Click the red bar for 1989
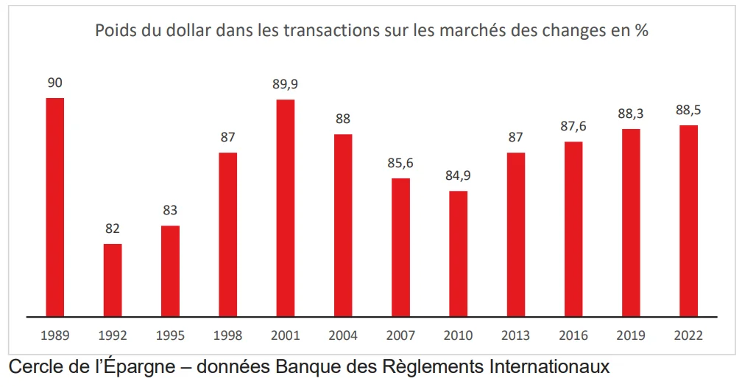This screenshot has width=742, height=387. (55, 207)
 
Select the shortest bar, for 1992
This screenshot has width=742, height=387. (113, 280)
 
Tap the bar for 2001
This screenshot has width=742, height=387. (286, 208)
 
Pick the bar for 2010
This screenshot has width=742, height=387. (458, 254)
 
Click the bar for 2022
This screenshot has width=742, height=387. (688, 220)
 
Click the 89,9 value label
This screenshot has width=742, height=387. (286, 84)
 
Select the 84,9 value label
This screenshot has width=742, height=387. (458, 175)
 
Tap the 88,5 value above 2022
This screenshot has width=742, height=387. (688, 110)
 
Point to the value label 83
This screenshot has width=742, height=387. (170, 210)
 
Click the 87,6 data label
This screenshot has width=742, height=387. (573, 126)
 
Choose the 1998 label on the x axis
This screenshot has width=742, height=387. (227, 336)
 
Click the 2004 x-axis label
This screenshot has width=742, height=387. (343, 336)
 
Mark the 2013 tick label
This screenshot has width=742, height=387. (515, 336)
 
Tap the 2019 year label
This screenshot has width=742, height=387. (631, 336)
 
